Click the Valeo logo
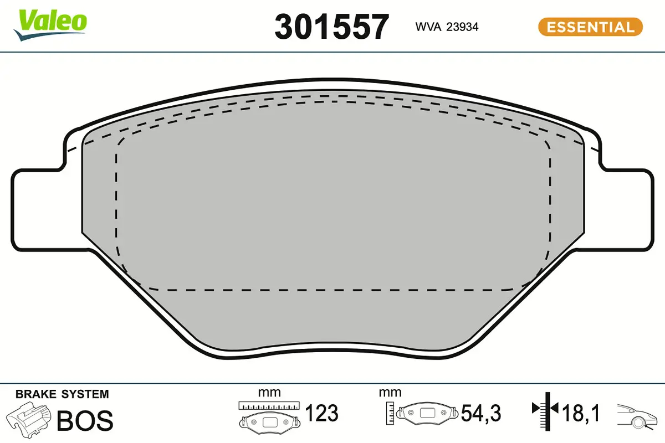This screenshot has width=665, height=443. [50, 24]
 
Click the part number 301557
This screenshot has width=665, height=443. [331, 27]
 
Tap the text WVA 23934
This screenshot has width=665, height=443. [447, 26]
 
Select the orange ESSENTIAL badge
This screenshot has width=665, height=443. [590, 27]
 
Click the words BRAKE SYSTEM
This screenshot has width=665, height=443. [62, 394]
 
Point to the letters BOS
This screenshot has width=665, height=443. [85, 421]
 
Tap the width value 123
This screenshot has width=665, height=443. [322, 413]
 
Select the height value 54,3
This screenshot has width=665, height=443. [481, 413]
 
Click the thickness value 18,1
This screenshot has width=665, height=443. [580, 413]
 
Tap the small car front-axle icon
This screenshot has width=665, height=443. [637, 416]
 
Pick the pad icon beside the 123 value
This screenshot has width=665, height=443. [269, 421]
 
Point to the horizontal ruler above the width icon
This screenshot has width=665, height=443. [269, 406]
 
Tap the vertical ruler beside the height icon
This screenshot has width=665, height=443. [391, 413]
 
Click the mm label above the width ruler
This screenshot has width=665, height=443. [269, 393]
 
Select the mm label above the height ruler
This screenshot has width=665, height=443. [390, 393]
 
